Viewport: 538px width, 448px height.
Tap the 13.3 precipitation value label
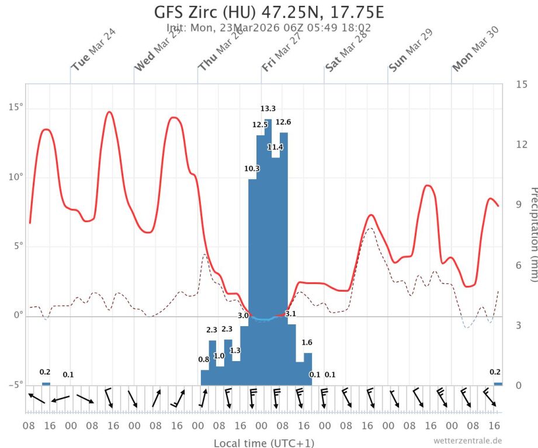(268, 108)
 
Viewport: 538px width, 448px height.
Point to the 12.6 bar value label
(283, 122)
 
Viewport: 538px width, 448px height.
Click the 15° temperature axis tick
(16, 108)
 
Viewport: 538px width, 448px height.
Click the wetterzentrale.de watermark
(467, 440)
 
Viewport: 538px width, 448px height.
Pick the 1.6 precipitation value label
(307, 342)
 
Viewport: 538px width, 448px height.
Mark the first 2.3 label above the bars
(211, 330)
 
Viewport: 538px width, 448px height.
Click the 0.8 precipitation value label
(204, 359)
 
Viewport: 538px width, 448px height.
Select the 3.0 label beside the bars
(243, 316)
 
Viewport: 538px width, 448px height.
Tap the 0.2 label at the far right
(495, 372)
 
